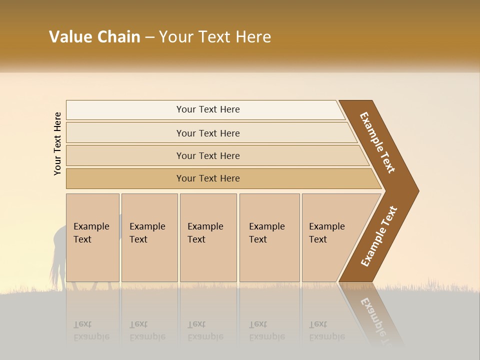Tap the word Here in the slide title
tap(252, 37)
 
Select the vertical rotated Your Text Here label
tap(57, 143)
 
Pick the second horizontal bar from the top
tap(208, 133)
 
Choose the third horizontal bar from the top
tap(208, 155)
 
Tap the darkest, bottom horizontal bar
tap(208, 178)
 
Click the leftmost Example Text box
tap(92, 237)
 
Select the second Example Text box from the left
tap(149, 237)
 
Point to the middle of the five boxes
tap(208, 237)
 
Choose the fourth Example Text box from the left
tap(269, 237)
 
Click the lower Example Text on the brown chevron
tap(379, 236)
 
